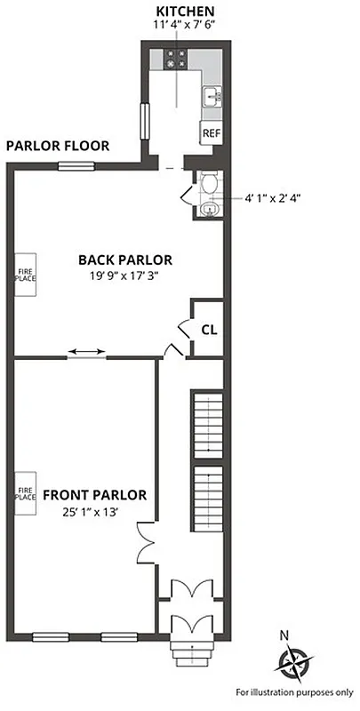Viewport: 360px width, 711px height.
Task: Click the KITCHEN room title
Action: pos(185,10)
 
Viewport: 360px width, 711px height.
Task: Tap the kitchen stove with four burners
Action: pos(174,60)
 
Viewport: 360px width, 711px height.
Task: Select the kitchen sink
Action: pos(211,96)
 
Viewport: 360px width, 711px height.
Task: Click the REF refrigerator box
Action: pos(211,133)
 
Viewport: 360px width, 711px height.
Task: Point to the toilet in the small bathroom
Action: pos(209,184)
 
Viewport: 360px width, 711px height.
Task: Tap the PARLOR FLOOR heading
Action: pos(58,146)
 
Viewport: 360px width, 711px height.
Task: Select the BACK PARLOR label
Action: pos(124,260)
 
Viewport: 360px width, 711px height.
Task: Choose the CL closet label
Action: pos(209,330)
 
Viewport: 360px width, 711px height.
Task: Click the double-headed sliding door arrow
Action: pos(86,353)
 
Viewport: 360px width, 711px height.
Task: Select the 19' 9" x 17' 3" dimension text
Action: pos(124,276)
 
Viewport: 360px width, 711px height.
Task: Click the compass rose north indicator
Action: pos(292,661)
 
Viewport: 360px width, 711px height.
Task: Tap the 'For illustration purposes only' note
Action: pos(293,691)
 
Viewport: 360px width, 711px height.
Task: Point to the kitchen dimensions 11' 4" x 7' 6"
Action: pos(185,24)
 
